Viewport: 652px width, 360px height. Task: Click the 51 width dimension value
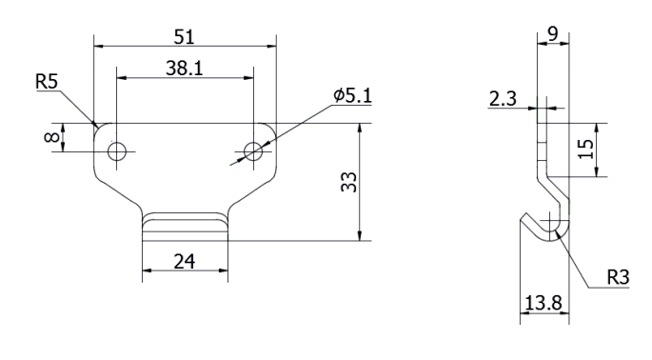click(x=184, y=36)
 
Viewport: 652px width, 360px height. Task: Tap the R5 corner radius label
click(x=47, y=83)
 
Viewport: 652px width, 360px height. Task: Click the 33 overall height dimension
click(x=347, y=182)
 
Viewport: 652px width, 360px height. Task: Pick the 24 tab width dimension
click(x=185, y=260)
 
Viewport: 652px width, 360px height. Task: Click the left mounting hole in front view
click(x=117, y=150)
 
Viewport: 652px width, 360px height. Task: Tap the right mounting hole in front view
click(x=253, y=150)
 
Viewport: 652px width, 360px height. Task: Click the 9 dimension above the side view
click(x=553, y=34)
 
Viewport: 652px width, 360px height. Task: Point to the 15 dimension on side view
click(x=587, y=149)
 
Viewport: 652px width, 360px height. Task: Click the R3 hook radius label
click(x=619, y=278)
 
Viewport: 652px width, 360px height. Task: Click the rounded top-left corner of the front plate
click(x=97, y=127)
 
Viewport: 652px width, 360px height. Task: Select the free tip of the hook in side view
click(x=524, y=218)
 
